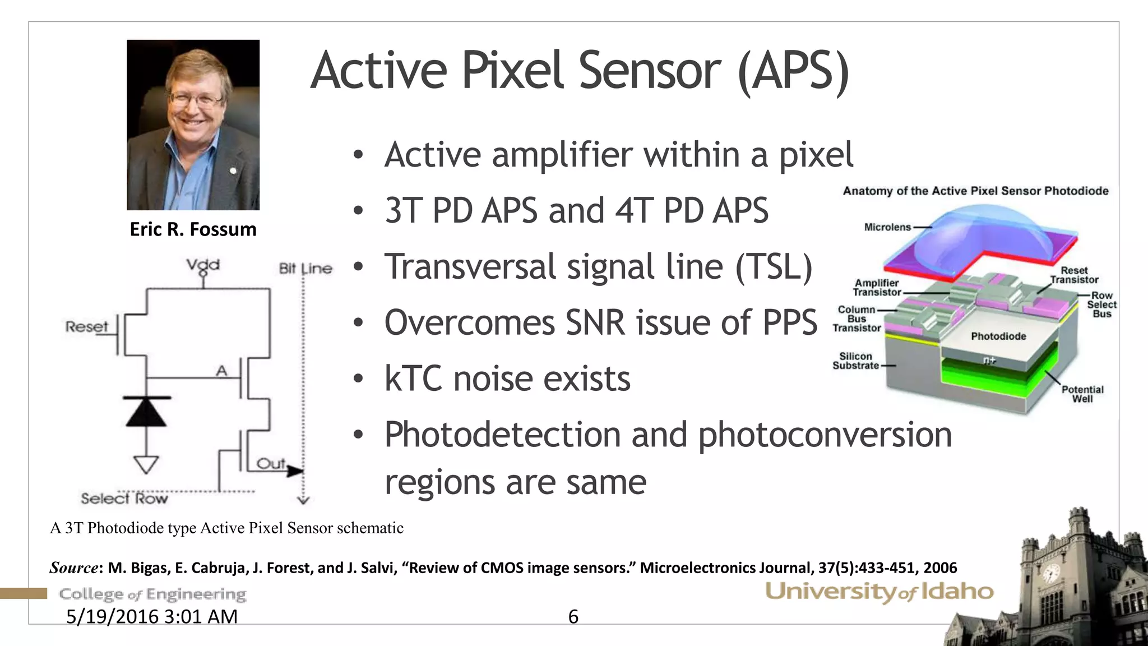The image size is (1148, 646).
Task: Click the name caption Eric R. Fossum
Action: [193, 229]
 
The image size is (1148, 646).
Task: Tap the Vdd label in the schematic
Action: [203, 265]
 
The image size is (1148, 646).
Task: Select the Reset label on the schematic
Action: [86, 326]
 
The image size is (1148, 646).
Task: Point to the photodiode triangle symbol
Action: [146, 413]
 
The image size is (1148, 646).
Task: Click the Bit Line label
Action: [305, 269]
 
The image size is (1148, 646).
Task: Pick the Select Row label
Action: [124, 499]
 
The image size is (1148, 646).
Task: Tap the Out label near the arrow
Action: [271, 464]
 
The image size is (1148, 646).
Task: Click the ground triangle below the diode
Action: [146, 464]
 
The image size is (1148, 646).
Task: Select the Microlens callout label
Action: [887, 227]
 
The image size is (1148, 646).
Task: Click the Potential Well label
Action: [1082, 394]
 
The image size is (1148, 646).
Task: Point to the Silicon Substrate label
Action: [855, 361]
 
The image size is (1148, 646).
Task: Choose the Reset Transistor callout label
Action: [1074, 275]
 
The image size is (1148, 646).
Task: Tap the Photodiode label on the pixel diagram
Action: [998, 336]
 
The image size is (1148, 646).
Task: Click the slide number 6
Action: [573, 617]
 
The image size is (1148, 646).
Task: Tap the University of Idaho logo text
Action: [879, 592]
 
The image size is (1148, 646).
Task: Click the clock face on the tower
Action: [1050, 574]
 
